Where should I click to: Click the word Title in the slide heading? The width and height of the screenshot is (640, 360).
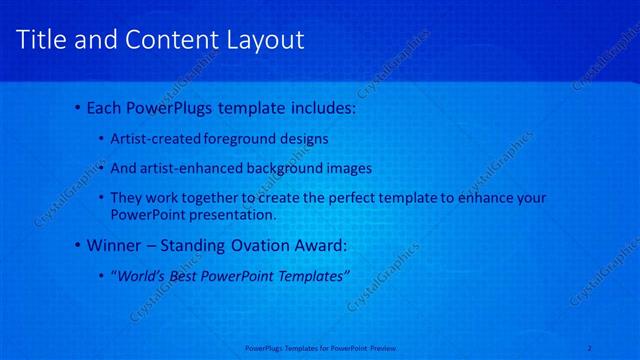point(42,40)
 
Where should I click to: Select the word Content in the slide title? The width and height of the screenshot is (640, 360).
point(165,40)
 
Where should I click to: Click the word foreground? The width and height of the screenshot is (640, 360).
point(239,138)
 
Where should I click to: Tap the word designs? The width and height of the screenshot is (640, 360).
point(303,138)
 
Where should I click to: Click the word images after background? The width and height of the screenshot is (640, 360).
point(348,168)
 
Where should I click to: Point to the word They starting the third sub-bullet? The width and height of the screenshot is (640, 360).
point(126,198)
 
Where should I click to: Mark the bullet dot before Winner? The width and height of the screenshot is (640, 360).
point(79,244)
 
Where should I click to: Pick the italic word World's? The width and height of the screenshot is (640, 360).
point(140,275)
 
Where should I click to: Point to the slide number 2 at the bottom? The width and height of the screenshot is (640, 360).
point(589,348)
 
